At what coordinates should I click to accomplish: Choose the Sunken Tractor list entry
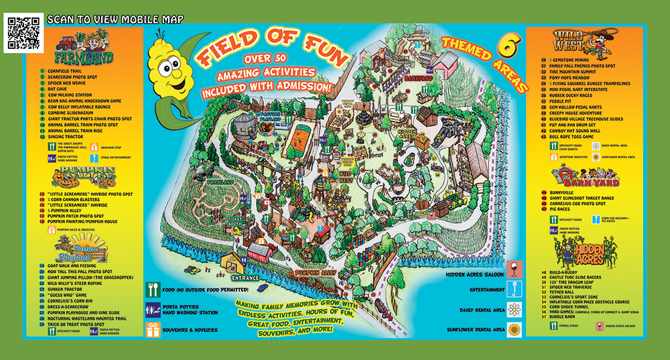(67, 288)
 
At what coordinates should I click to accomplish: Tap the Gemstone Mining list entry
(569, 60)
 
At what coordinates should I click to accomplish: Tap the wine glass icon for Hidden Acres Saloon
(515, 269)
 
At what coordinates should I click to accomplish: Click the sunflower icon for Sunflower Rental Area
(515, 329)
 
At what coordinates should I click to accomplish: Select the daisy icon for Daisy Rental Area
(515, 309)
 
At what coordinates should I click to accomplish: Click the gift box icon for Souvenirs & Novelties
(152, 329)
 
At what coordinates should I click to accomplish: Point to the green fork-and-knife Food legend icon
(152, 290)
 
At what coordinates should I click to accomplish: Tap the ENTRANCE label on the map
(245, 276)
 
